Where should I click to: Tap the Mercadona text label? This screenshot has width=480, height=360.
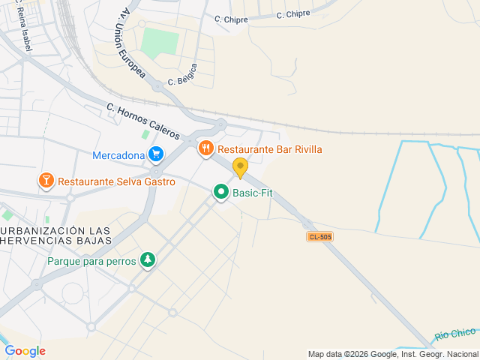coord(118,156)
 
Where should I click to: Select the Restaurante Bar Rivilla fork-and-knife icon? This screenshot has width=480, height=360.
coord(206,148)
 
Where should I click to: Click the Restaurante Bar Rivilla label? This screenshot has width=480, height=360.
coord(270,149)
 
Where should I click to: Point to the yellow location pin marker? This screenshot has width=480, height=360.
coord(240,167)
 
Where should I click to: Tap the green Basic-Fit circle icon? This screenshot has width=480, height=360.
coord(221,193)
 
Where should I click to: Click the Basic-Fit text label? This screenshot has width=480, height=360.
coord(253,193)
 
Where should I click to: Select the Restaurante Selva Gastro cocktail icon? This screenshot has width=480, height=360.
coord(46,181)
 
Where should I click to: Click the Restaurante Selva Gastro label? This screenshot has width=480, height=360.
coord(116,181)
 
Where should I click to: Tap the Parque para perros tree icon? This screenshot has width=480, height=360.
coord(148,260)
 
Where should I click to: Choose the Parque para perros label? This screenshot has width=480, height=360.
coord(91,262)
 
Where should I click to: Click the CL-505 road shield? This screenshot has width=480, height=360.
coord(319,236)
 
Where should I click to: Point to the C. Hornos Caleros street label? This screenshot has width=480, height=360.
coord(142,121)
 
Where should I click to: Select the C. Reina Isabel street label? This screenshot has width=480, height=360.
coord(19,26)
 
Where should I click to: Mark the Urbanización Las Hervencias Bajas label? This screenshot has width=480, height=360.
coord(56,235)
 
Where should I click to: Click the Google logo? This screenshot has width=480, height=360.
coord(25,351)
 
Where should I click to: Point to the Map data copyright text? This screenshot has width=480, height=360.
coord(393,354)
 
